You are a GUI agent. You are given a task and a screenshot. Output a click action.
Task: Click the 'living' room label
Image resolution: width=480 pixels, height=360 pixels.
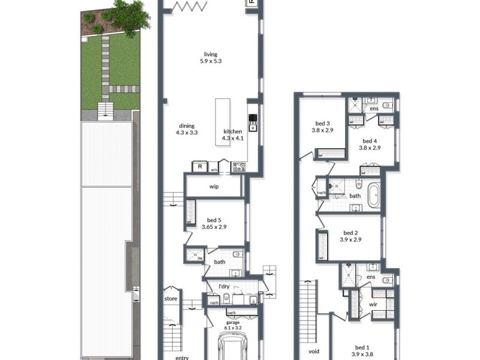[x=210, y=55]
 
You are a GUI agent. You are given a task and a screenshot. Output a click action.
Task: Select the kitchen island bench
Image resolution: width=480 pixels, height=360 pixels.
[x=223, y=122]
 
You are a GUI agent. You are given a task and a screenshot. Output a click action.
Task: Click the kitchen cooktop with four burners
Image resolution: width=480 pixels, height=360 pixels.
[x=238, y=167]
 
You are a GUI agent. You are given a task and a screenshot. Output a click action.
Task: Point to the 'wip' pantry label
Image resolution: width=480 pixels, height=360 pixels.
[x=214, y=187]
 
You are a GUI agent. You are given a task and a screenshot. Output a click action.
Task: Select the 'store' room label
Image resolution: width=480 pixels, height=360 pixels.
[x=170, y=298]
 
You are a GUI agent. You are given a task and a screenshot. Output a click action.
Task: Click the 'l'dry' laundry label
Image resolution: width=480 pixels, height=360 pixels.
[x=224, y=287]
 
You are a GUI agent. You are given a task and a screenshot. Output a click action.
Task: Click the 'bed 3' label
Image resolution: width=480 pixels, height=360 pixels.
[x=322, y=122]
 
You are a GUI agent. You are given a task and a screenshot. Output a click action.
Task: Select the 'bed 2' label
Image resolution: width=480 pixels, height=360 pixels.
[x=351, y=233]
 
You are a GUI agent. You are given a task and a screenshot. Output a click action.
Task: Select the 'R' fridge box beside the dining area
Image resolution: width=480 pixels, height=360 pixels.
[x=199, y=167]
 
